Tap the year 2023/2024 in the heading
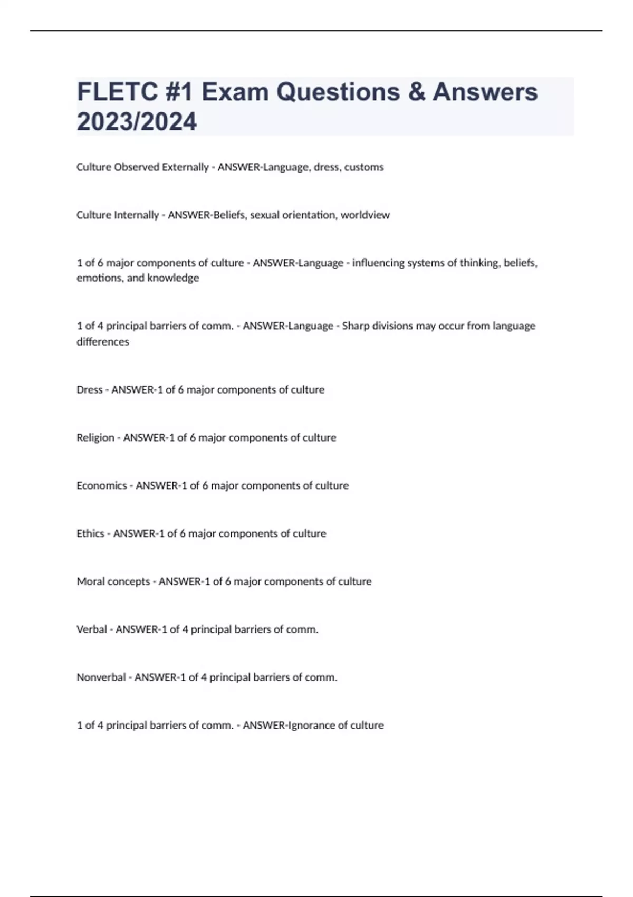137,121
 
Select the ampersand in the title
416,92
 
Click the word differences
103,342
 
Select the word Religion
95,438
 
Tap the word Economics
102,485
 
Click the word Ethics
90,533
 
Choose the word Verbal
92,629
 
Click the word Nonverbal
101,677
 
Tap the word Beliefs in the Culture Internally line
229,215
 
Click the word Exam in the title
235,92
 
